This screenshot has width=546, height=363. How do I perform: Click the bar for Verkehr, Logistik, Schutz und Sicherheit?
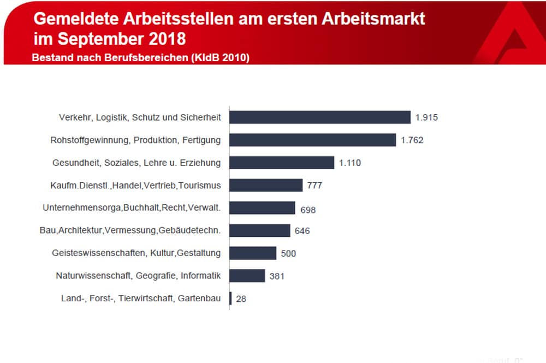tap(319, 117)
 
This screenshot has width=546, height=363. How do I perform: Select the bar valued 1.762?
tap(312, 140)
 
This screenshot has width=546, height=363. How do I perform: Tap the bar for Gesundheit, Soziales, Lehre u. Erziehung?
tap(281, 163)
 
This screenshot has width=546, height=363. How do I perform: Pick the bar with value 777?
tap(265, 185)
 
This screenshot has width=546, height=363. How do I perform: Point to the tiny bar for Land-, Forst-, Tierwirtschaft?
tap(230, 299)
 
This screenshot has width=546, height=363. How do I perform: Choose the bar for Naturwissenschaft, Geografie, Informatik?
tap(247, 276)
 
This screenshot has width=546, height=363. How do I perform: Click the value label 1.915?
tap(426, 117)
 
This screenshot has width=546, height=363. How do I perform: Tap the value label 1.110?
tap(350, 163)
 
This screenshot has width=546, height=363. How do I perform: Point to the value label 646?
tap(302, 231)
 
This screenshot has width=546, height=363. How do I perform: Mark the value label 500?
tap(288, 254)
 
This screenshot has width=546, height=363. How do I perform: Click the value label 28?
tap(241, 299)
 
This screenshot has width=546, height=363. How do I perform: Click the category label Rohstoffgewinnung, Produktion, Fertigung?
tap(135, 140)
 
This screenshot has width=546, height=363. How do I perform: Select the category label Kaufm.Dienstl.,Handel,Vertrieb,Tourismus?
tap(132, 186)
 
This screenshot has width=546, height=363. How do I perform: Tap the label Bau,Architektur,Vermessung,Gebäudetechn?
tap(130, 230)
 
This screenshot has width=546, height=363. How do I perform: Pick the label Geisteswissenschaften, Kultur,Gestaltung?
tap(136, 253)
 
